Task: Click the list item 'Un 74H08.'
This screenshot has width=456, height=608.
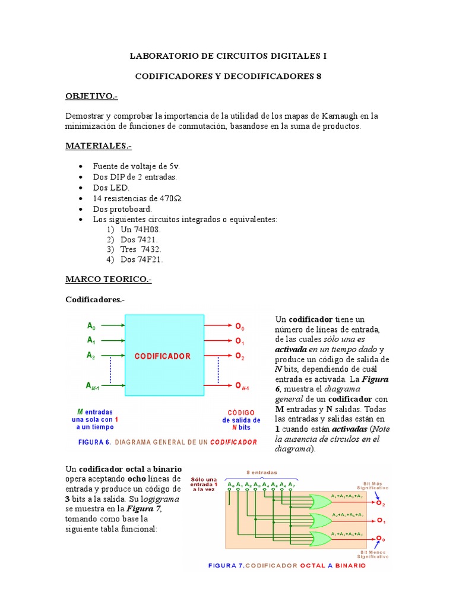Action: point(140,229)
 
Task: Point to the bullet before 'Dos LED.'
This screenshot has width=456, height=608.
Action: point(81,187)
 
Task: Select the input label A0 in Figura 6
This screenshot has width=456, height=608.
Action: point(91,325)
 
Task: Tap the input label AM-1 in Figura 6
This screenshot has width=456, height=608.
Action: point(94,387)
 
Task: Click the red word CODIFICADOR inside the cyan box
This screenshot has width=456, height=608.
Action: point(162,356)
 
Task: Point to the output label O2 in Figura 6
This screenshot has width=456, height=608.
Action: point(239,357)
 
